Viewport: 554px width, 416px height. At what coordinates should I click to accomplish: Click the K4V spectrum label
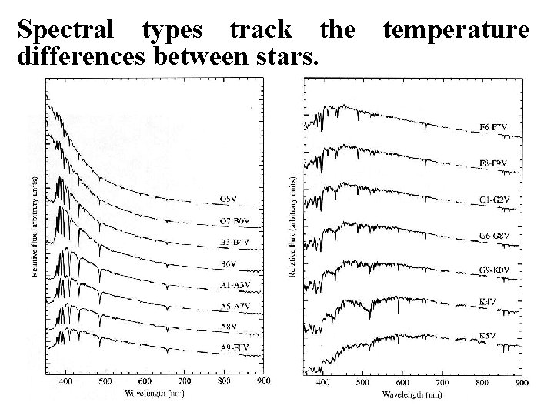click(489, 301)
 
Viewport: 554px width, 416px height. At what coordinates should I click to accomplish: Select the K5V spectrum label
click(489, 336)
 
